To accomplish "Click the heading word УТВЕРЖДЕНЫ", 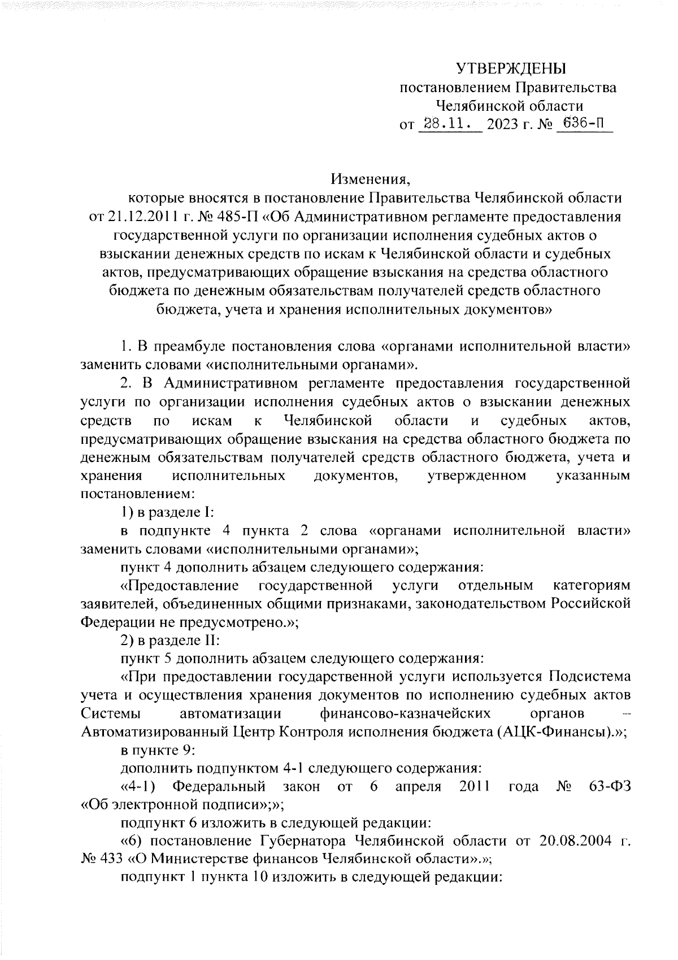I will pos(511,69).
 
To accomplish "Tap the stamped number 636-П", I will pos(583,124).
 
